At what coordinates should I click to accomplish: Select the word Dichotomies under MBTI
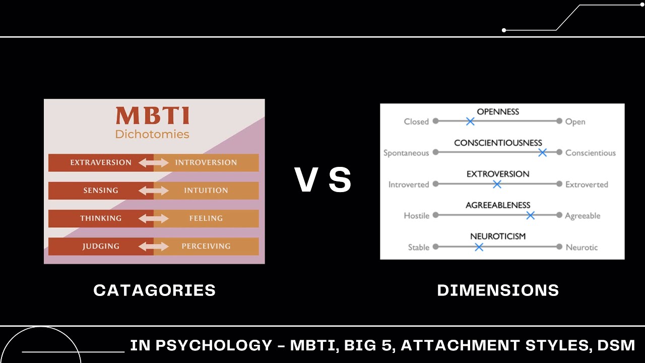click(152, 134)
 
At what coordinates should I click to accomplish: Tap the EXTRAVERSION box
click(101, 162)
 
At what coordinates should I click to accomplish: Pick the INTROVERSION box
click(206, 162)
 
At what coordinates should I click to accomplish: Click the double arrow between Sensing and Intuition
click(154, 191)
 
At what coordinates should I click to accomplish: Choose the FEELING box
click(206, 218)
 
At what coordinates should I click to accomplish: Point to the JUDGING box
click(101, 246)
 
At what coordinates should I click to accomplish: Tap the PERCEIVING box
click(206, 246)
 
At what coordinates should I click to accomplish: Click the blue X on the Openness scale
click(470, 122)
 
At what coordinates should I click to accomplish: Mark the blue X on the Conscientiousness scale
click(542, 153)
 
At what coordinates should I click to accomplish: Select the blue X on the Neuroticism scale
click(479, 247)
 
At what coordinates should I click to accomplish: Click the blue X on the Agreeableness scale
click(530, 216)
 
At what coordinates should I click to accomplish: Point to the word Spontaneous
click(406, 153)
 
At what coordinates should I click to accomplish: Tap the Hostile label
click(417, 216)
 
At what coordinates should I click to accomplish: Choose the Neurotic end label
click(582, 247)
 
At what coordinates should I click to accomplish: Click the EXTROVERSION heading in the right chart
click(498, 174)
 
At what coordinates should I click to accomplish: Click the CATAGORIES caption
click(154, 290)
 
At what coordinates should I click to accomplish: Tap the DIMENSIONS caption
click(498, 290)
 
